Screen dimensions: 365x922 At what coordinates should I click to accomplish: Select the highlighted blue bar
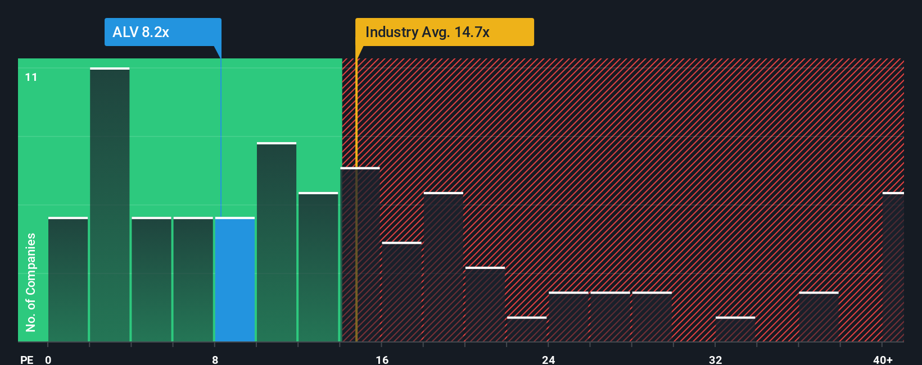(235, 280)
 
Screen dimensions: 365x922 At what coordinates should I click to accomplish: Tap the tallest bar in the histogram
(110, 205)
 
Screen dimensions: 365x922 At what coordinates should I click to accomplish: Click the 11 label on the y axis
(31, 77)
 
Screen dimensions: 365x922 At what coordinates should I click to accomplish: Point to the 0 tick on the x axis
(48, 359)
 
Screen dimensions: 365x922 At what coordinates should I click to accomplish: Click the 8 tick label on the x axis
(215, 359)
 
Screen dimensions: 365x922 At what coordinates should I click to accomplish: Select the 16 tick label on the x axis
(382, 359)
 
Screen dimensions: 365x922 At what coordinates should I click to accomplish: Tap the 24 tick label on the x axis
(549, 359)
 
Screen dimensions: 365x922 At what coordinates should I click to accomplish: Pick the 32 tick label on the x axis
(715, 359)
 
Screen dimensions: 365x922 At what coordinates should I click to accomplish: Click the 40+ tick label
(883, 359)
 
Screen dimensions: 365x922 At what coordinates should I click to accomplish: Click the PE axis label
(26, 359)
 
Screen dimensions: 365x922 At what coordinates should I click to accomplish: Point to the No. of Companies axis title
(31, 282)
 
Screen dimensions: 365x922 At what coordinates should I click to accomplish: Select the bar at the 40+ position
(893, 267)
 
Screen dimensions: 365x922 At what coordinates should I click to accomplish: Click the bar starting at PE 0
(68, 280)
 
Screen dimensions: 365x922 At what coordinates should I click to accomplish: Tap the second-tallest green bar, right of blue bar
(277, 243)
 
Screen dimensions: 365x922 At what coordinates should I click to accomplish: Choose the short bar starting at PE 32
(735, 330)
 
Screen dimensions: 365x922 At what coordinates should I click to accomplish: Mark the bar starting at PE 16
(402, 292)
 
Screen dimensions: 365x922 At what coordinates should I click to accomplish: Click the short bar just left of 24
(527, 330)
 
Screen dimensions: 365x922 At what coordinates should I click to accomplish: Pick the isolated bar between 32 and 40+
(819, 317)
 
